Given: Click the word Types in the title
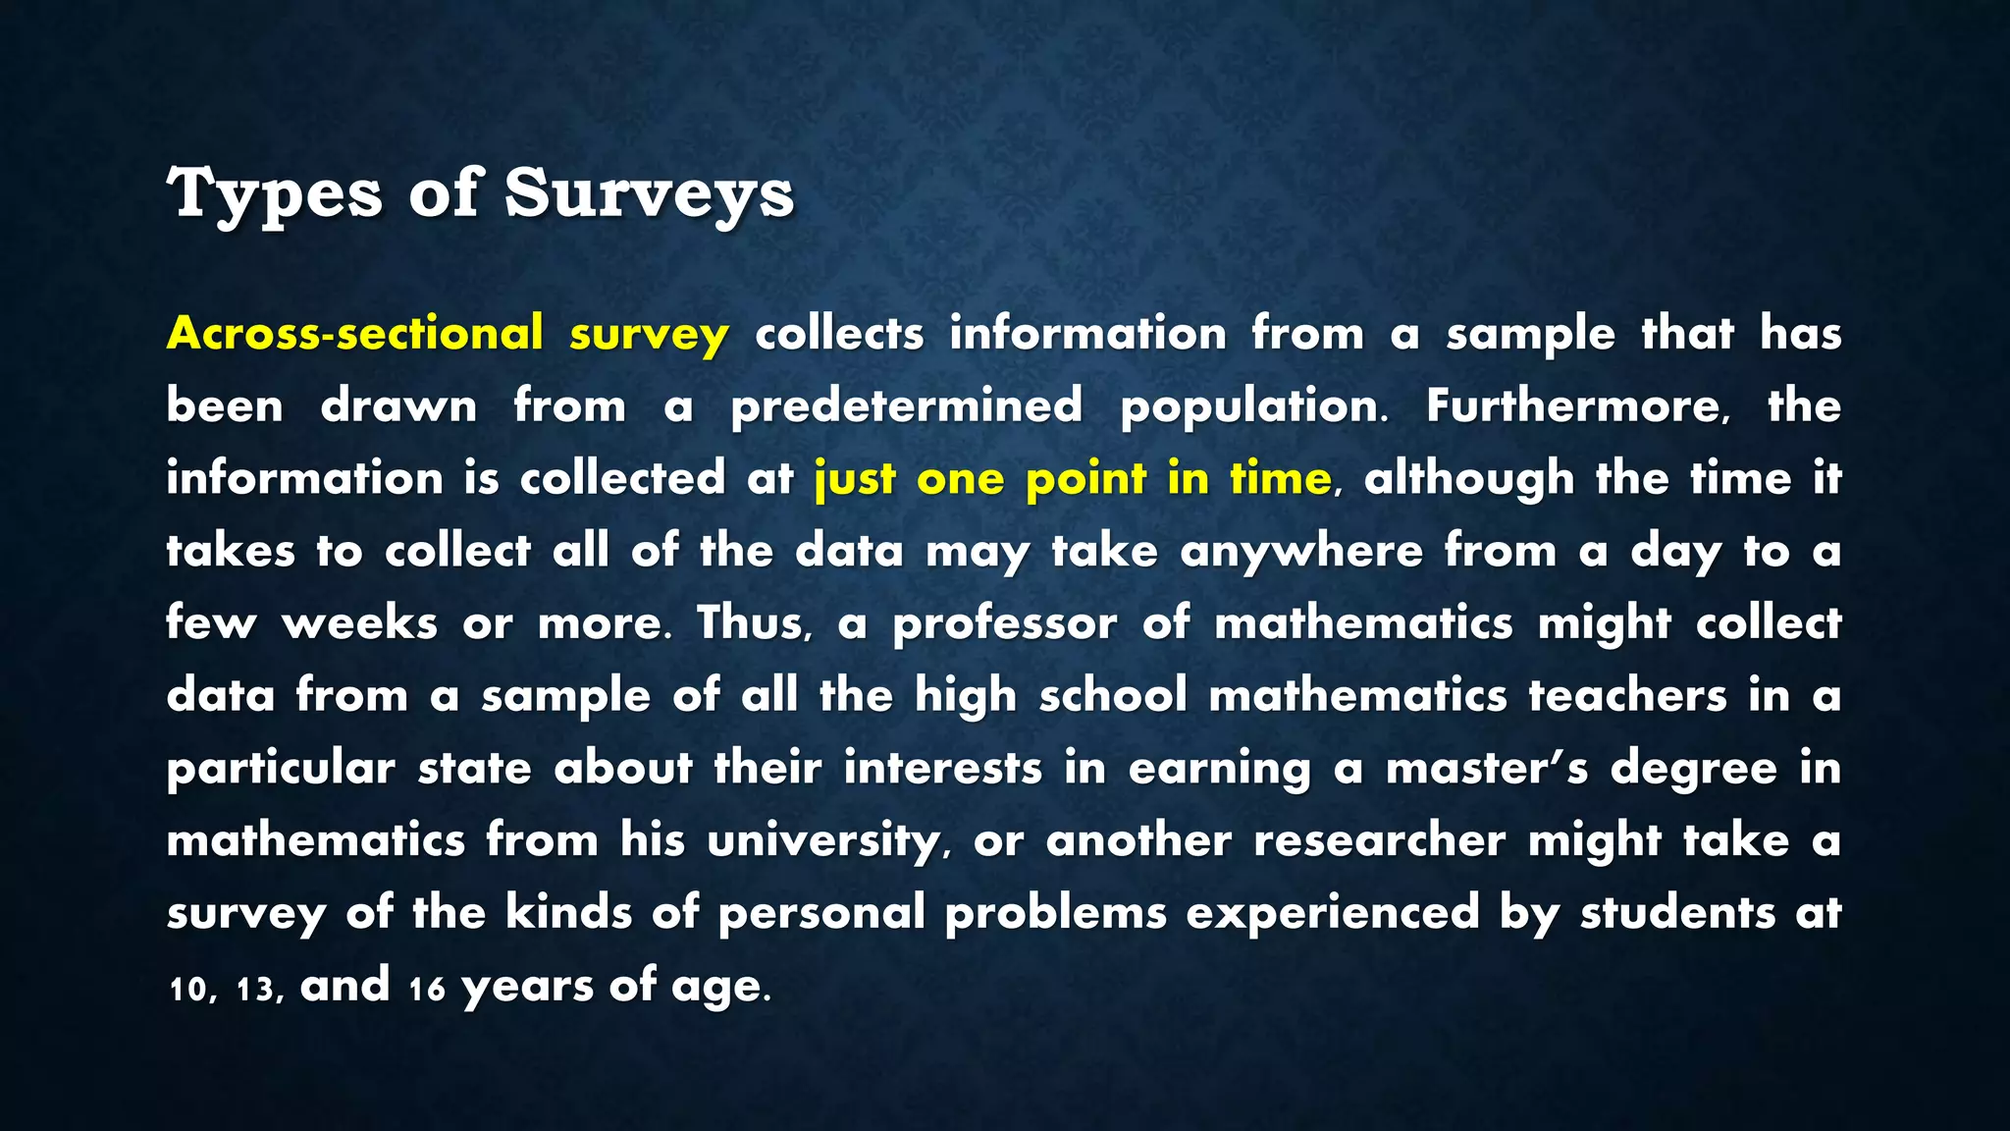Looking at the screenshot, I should pyautogui.click(x=274, y=193).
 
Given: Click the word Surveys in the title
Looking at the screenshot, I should pyautogui.click(x=649, y=193).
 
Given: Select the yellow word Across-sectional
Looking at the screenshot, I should pyautogui.click(x=355, y=334).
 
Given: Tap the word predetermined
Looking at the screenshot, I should pyautogui.click(x=907, y=406).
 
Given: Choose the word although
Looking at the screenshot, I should pyautogui.click(x=1468, y=479).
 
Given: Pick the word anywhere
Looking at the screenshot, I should pyautogui.click(x=1301, y=552).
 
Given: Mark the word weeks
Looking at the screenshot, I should pyautogui.click(x=359, y=623).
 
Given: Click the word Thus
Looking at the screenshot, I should pyautogui.click(x=754, y=623).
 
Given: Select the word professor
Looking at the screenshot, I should pyautogui.click(x=1004, y=623).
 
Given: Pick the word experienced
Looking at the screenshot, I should pyautogui.click(x=1332, y=913).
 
